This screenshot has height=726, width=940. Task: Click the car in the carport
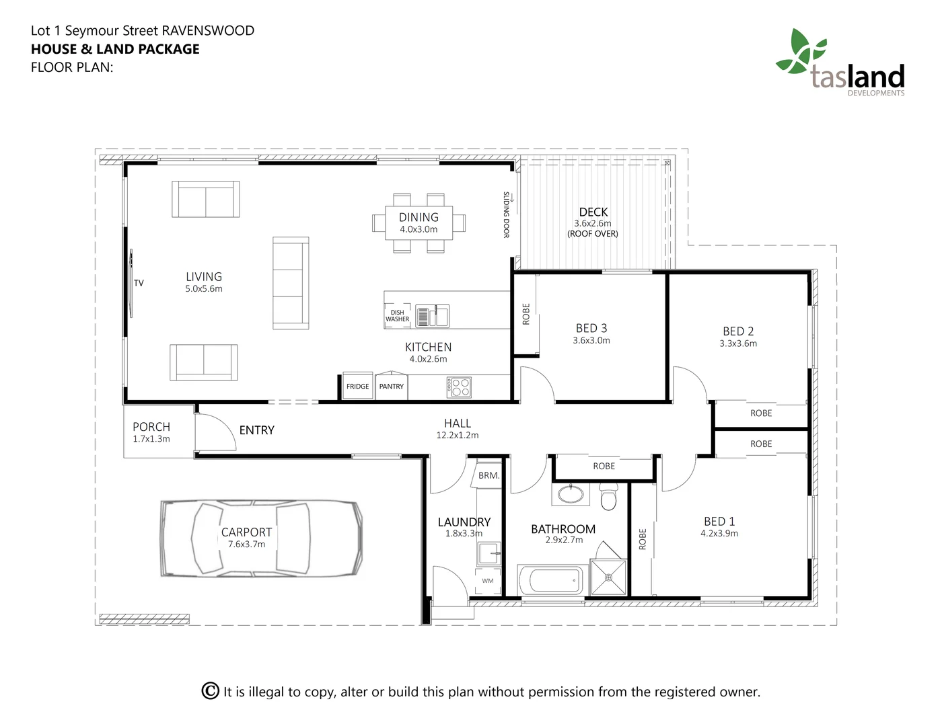pyautogui.click(x=262, y=538)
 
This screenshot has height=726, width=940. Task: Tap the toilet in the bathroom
pyautogui.click(x=608, y=497)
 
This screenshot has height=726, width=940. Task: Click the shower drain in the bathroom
pyautogui.click(x=608, y=577)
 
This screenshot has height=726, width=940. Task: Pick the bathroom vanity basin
pyautogui.click(x=571, y=494)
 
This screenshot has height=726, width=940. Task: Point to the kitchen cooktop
pyautogui.click(x=459, y=387)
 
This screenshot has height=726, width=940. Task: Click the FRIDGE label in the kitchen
pyautogui.click(x=358, y=387)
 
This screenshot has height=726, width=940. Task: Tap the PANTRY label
pyautogui.click(x=392, y=387)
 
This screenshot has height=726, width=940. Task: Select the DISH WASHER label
pyautogui.click(x=397, y=316)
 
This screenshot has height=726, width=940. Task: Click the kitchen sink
pyautogui.click(x=432, y=316)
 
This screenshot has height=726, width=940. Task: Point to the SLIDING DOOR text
pyautogui.click(x=506, y=215)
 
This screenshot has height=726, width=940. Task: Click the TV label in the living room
pyautogui.click(x=139, y=283)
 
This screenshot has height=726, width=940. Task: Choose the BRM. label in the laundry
pyautogui.click(x=489, y=476)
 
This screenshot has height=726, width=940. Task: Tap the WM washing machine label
pyautogui.click(x=488, y=581)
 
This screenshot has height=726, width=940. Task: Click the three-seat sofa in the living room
pyautogui.click(x=291, y=283)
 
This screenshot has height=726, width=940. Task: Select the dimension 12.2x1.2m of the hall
pyautogui.click(x=458, y=435)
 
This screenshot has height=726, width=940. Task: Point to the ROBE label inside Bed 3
pyautogui.click(x=526, y=314)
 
